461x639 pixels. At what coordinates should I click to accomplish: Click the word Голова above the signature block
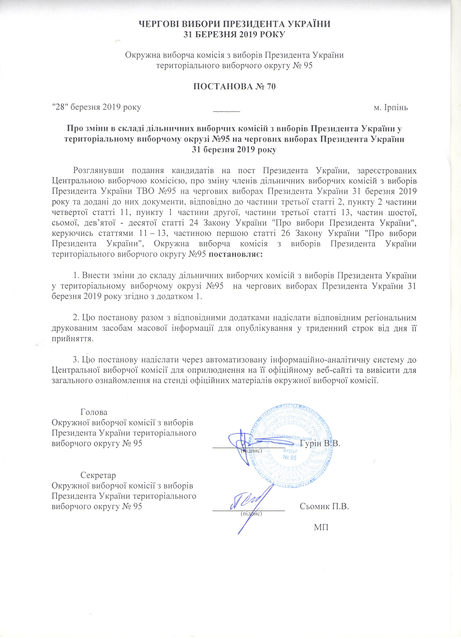(x=94, y=412)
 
